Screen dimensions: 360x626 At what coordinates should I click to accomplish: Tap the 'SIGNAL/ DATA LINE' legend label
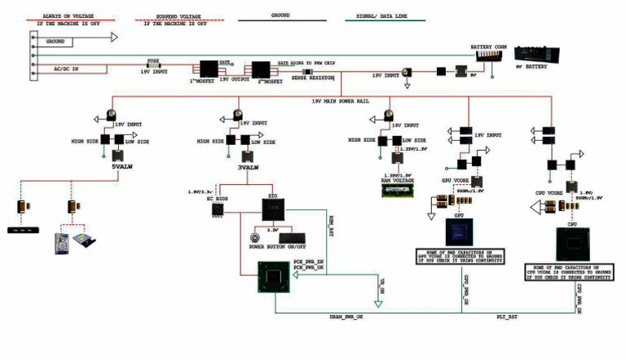click(x=378, y=15)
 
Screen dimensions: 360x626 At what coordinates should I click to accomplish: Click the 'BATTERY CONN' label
click(x=489, y=48)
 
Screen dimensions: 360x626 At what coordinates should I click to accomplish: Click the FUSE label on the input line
click(x=152, y=59)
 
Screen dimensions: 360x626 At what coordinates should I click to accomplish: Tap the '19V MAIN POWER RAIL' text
click(x=342, y=101)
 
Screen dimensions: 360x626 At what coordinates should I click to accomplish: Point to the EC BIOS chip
click(x=218, y=210)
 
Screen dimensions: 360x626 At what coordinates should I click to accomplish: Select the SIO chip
click(x=274, y=210)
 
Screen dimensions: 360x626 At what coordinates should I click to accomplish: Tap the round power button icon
click(x=254, y=239)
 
